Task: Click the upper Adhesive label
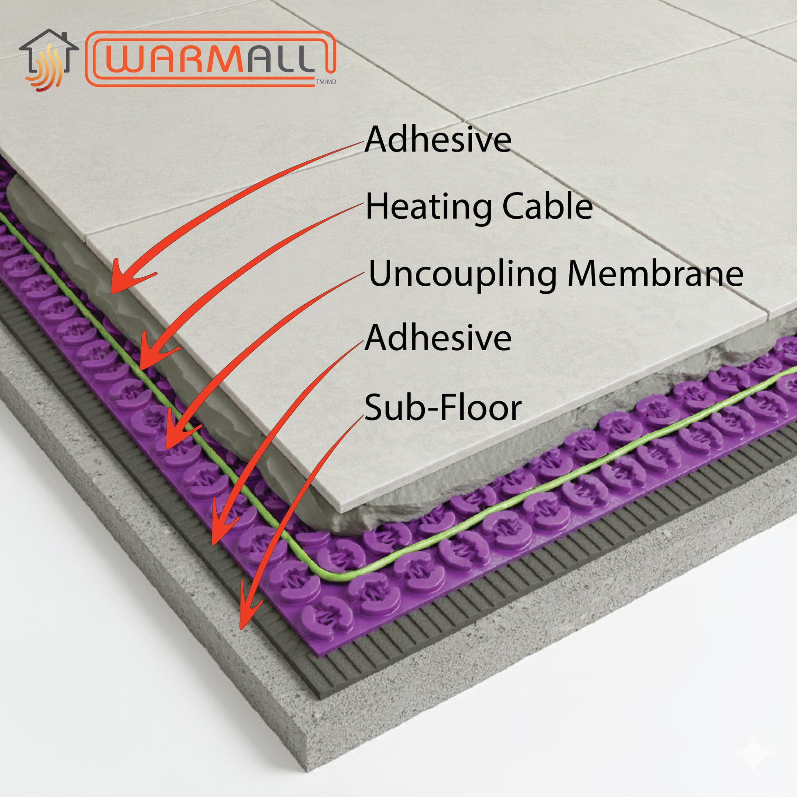click(438, 139)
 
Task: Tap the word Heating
click(429, 207)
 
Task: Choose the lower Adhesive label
click(438, 337)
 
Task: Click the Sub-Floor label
click(443, 408)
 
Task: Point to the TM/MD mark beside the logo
click(326, 82)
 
